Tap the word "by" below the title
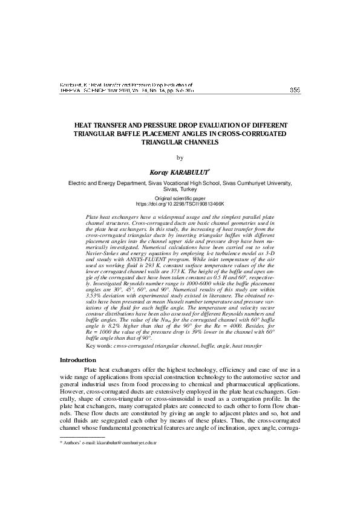(179, 158)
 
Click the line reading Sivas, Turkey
(180, 189)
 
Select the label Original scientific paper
(180, 198)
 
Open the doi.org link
(180, 204)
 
